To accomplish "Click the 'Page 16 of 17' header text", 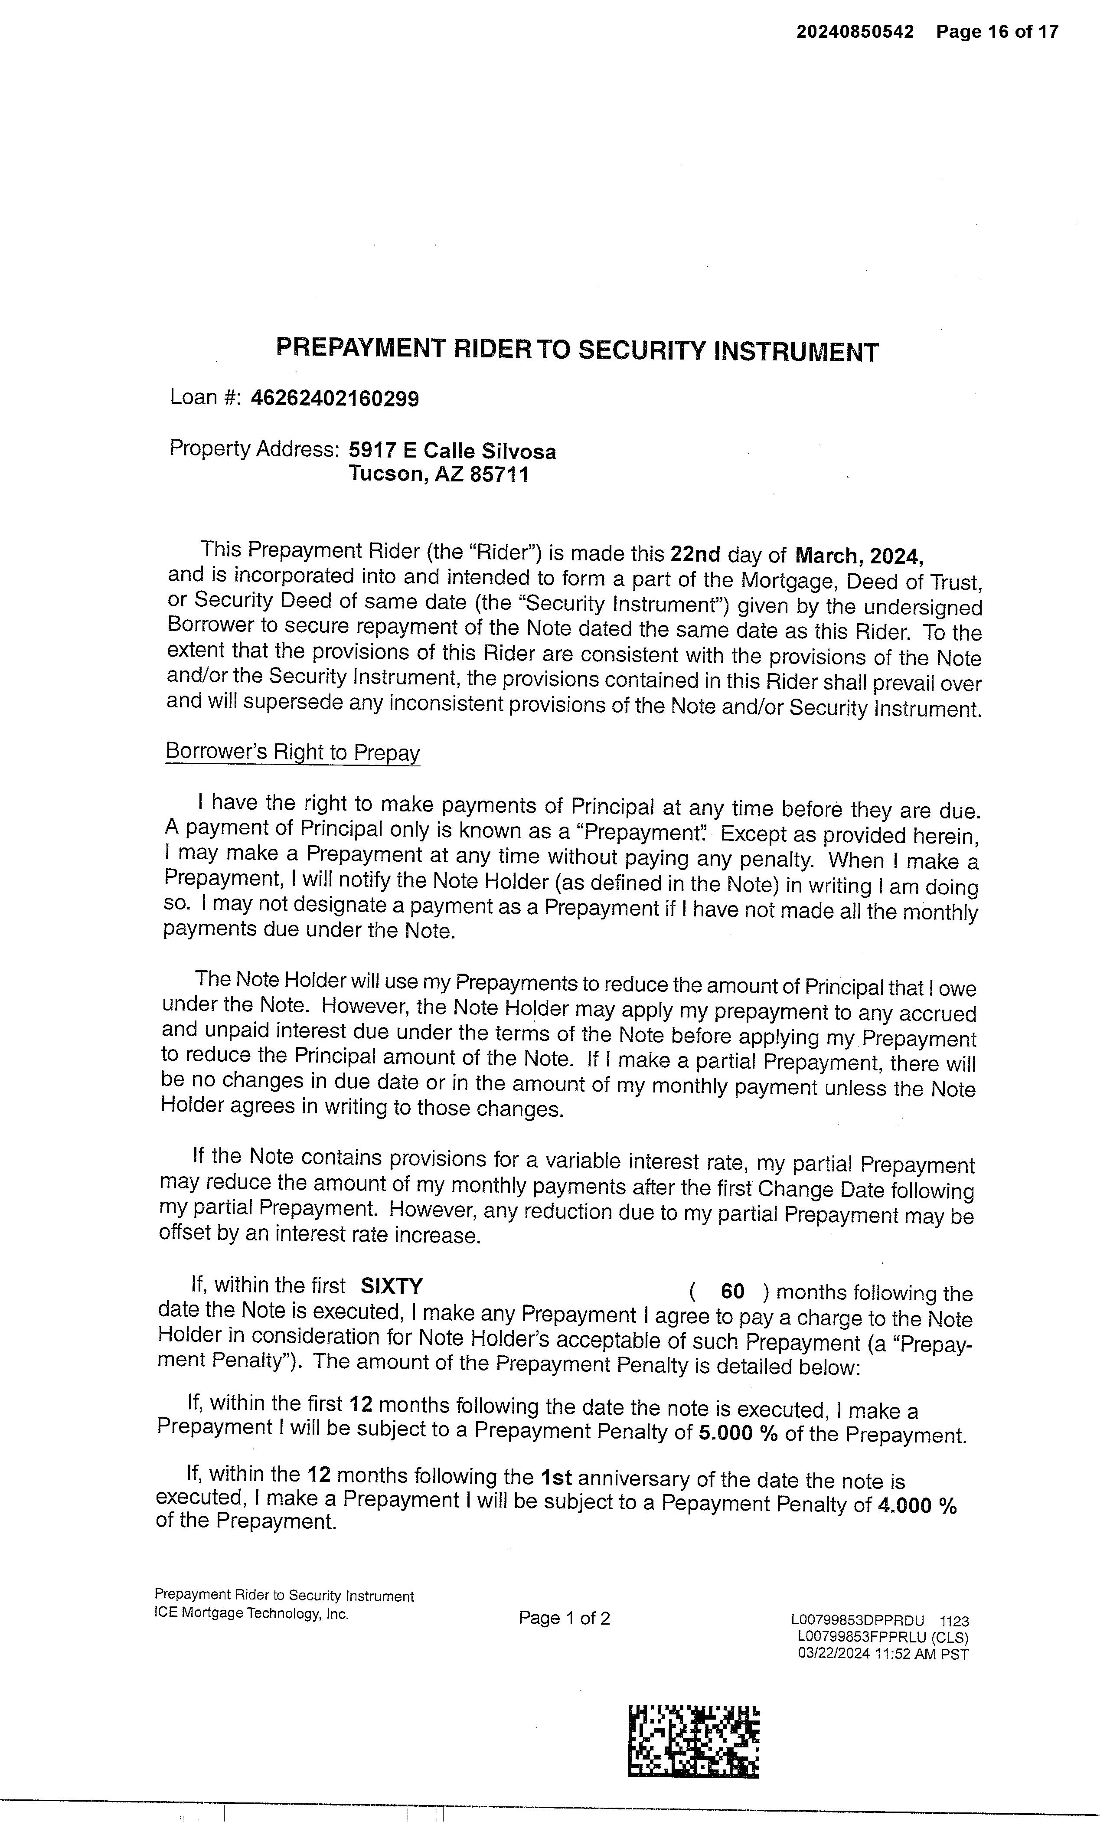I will [997, 32].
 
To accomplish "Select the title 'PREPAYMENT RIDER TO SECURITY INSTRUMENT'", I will [577, 350].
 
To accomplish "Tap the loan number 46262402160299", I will [335, 399].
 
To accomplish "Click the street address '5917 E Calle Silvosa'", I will [452, 451].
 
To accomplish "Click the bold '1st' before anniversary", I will [556, 1478].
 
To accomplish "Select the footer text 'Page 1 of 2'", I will [564, 1619].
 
